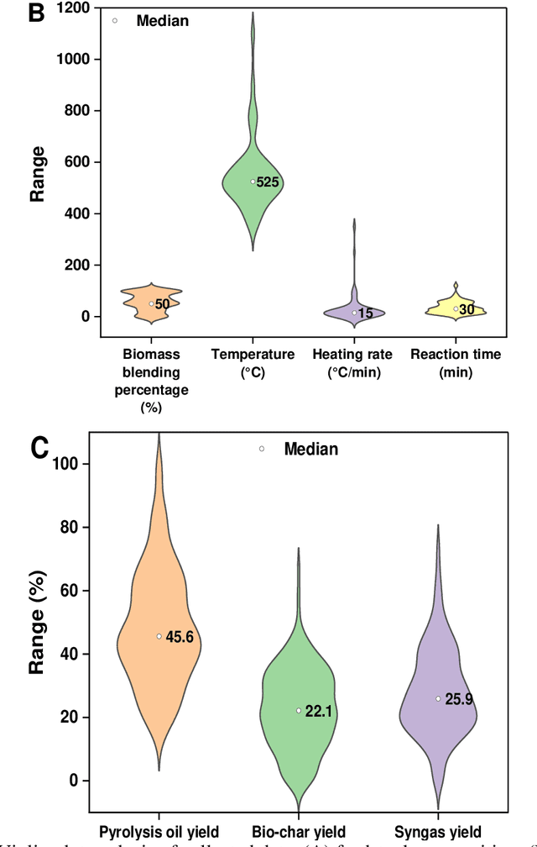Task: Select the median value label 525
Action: coord(268,181)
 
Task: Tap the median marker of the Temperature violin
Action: coord(253,181)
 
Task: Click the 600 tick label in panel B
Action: coord(79,162)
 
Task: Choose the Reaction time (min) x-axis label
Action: coord(456,363)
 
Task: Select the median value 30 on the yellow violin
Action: coord(467,309)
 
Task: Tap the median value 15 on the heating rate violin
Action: coord(366,313)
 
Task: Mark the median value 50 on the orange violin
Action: coord(162,304)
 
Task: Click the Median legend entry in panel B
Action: coord(162,21)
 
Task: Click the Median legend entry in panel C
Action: coord(310,449)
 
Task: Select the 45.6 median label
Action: coord(180,637)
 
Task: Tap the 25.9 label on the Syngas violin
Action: coord(459,698)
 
